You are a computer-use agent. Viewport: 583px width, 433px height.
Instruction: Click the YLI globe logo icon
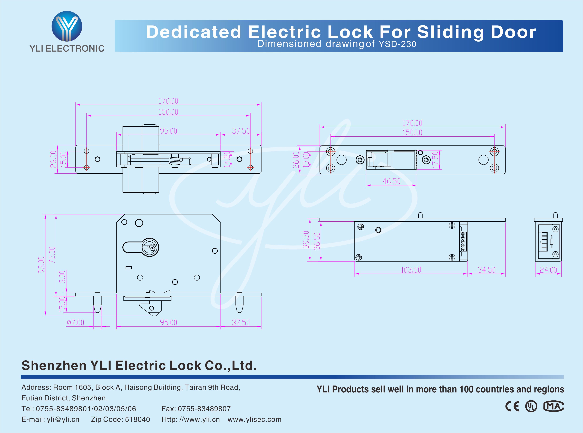(67, 26)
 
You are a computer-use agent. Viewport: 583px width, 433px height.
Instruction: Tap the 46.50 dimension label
(392, 181)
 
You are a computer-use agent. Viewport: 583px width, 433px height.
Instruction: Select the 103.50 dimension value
(411, 270)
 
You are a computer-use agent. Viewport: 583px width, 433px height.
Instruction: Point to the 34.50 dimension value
(486, 270)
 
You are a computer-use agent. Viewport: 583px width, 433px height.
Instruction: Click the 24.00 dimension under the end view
(548, 270)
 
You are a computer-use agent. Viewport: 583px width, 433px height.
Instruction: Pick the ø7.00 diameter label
(75, 322)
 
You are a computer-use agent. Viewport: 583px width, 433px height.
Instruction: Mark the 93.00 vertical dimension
(41, 265)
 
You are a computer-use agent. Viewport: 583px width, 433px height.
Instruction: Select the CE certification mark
(512, 406)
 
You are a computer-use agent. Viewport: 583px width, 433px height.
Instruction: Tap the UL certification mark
(531, 406)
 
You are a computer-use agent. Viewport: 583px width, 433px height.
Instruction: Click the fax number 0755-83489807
(204, 409)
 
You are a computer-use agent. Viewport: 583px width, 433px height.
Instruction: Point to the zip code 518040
(137, 419)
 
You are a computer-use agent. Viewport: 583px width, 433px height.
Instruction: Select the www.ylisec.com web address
(254, 419)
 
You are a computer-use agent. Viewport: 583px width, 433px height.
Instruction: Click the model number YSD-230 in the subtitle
(397, 44)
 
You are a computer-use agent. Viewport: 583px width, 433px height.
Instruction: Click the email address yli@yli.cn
(63, 419)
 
